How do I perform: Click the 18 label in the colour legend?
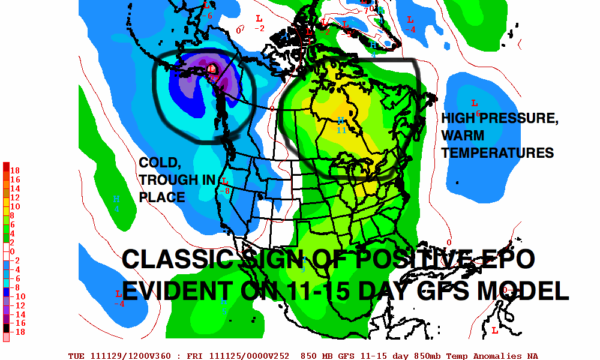[x=16, y=170]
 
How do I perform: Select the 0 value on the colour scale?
[x=13, y=251]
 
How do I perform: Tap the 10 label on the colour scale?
[x=16, y=206]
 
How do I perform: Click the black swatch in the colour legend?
[x=6, y=328]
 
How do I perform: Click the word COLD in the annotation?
[x=158, y=163]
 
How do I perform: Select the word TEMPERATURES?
[x=497, y=153]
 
